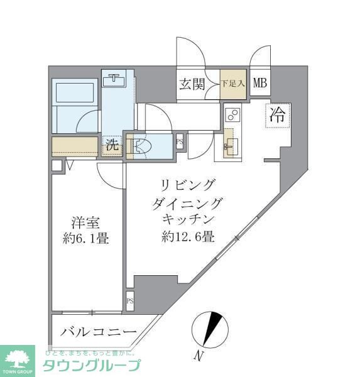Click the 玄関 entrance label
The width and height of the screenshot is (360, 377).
click(x=192, y=83)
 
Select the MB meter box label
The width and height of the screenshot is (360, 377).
click(x=260, y=82)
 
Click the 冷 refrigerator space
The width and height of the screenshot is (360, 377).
click(x=277, y=116)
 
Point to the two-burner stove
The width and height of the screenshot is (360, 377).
click(x=231, y=116)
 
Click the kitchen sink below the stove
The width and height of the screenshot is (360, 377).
click(x=228, y=143)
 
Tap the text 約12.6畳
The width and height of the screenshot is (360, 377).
click(x=187, y=237)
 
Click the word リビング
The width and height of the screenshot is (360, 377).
click(x=188, y=185)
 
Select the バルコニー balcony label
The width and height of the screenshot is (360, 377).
click(x=99, y=332)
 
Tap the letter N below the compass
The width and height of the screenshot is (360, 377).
click(x=198, y=358)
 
